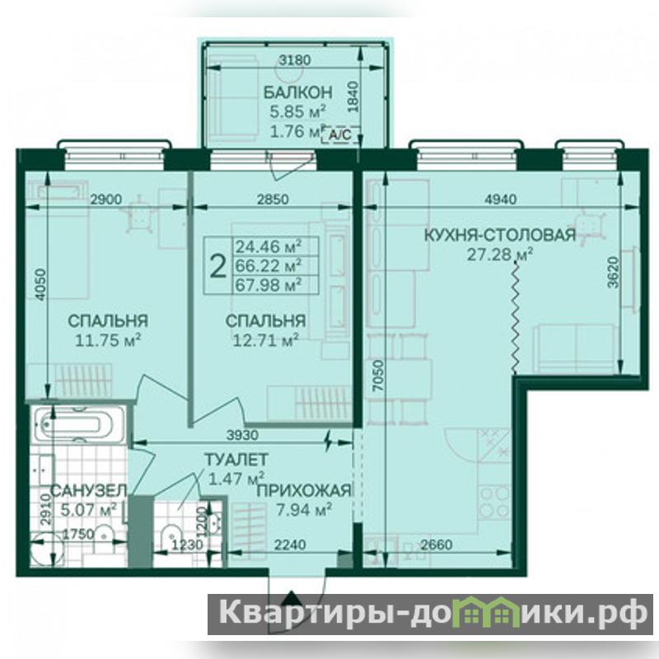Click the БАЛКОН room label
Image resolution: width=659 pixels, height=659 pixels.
[x=297, y=92]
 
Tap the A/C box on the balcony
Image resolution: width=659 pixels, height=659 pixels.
[x=341, y=135]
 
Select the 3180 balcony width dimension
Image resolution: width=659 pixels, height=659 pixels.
[x=295, y=60]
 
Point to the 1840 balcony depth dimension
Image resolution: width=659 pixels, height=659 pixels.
[x=353, y=96]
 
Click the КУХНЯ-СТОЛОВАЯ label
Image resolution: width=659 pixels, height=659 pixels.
[x=500, y=235]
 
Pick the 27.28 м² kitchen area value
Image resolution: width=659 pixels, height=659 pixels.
[x=500, y=254]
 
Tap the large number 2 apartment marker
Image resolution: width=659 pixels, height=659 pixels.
[x=217, y=266]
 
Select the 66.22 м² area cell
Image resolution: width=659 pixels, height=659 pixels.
[x=269, y=265]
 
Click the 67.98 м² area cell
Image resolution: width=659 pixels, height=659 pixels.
[x=269, y=284]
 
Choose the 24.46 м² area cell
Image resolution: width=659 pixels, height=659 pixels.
[x=269, y=246]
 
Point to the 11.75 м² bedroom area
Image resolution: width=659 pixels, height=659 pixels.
[x=108, y=339]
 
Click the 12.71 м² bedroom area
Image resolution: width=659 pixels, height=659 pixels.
[x=265, y=339]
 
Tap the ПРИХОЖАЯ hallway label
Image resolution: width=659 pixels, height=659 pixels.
[x=304, y=490]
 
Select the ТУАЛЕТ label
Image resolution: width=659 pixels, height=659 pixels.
[x=236, y=460]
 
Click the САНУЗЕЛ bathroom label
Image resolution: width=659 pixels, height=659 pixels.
[x=88, y=490]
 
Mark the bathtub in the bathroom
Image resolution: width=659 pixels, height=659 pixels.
[x=79, y=423]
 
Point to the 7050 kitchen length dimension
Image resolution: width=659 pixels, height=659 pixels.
[x=378, y=376]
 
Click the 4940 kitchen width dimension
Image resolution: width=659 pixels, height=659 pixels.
[x=500, y=199]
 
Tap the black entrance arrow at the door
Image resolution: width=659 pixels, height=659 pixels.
[x=291, y=596]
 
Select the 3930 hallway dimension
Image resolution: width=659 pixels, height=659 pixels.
[x=242, y=435]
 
